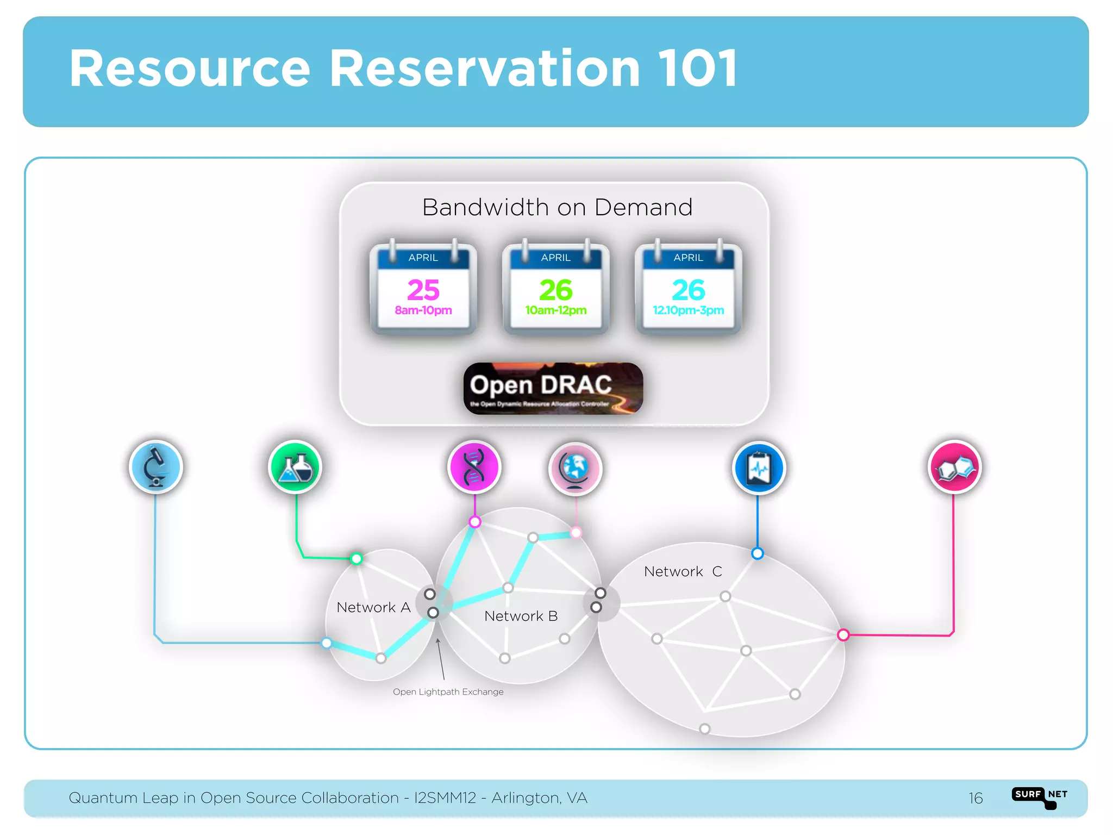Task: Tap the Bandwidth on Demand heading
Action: point(557,208)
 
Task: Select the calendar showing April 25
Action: point(423,289)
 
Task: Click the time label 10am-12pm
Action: point(555,310)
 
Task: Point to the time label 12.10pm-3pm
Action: point(688,310)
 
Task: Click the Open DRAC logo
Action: point(553,388)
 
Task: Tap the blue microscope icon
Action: point(156,467)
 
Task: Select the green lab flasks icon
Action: point(295,467)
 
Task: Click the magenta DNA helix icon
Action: point(474,467)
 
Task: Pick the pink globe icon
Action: point(575,468)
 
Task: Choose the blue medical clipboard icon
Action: point(759,468)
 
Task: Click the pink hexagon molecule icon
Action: point(954,467)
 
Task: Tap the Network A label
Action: point(373,607)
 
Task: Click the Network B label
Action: point(521,616)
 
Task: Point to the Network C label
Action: point(683,571)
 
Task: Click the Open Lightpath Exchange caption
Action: point(448,692)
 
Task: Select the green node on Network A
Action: point(357,558)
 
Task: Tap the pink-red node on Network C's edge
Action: point(843,634)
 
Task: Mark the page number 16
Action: point(976,798)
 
